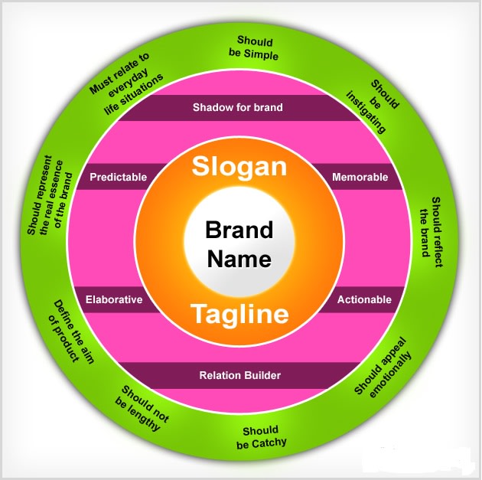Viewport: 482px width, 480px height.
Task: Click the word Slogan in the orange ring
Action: pyautogui.click(x=239, y=168)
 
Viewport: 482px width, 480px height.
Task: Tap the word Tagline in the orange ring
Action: pyautogui.click(x=239, y=314)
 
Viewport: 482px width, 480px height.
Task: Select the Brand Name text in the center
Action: pyautogui.click(x=239, y=244)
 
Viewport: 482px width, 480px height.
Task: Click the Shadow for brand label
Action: pyautogui.click(x=238, y=107)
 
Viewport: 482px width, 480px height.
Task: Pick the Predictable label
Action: pyautogui.click(x=118, y=177)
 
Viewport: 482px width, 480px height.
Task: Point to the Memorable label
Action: pyautogui.click(x=360, y=177)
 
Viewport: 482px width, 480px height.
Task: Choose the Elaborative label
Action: pyautogui.click(x=114, y=299)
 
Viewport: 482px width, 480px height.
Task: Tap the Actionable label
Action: pyautogui.click(x=365, y=299)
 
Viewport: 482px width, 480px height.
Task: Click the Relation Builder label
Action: pyautogui.click(x=239, y=375)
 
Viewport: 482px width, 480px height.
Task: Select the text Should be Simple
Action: pyautogui.click(x=257, y=47)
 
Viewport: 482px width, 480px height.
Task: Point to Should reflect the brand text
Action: pyautogui.click(x=432, y=227)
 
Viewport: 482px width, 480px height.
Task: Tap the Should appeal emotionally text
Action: pyautogui.click(x=385, y=366)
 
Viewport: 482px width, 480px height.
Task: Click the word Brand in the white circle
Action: pyautogui.click(x=239, y=230)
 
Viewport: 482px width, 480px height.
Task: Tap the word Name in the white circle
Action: pyautogui.click(x=239, y=259)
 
